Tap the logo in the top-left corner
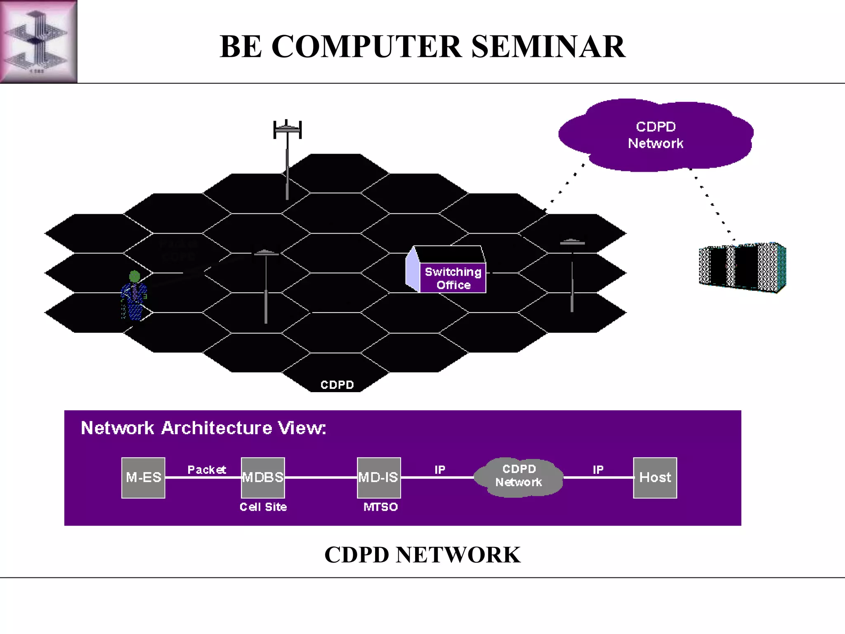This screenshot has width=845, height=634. (38, 41)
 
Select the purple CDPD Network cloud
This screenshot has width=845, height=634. (656, 135)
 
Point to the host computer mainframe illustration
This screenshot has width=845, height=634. (742, 267)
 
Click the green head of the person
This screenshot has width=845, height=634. (135, 276)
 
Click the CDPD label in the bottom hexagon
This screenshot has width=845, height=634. (337, 385)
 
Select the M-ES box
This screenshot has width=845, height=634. (143, 478)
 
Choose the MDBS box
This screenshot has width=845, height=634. (263, 478)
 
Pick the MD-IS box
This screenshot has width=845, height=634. (378, 478)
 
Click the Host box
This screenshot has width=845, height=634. (655, 478)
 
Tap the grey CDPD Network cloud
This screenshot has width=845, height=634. (519, 476)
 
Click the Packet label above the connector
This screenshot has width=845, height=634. (206, 470)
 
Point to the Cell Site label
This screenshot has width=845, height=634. (263, 507)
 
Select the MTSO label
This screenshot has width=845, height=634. (380, 507)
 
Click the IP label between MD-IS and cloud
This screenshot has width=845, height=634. (440, 470)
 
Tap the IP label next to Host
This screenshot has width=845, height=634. (598, 470)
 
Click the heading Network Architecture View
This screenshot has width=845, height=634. (203, 428)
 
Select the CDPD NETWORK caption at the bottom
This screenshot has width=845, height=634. (422, 555)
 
